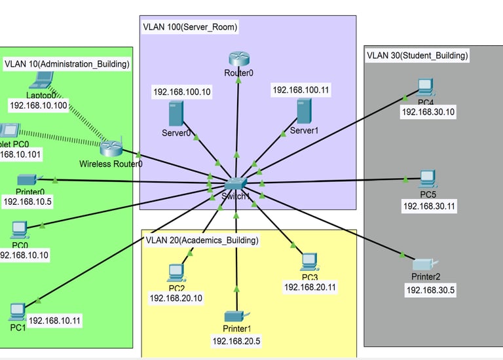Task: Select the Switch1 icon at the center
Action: click(x=236, y=185)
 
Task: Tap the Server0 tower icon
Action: click(x=175, y=115)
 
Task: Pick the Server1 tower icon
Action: click(x=303, y=111)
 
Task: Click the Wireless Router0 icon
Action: click(x=112, y=148)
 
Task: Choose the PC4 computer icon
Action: click(x=426, y=87)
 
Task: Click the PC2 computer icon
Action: click(x=176, y=271)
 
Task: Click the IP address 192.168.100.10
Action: click(x=182, y=92)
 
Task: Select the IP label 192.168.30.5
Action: click(x=430, y=290)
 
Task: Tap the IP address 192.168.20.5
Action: click(x=236, y=341)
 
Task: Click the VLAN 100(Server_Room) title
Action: click(x=190, y=27)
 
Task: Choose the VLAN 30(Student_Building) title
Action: click(x=417, y=56)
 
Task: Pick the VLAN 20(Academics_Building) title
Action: click(x=202, y=240)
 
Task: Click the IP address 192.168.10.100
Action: click(x=39, y=105)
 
